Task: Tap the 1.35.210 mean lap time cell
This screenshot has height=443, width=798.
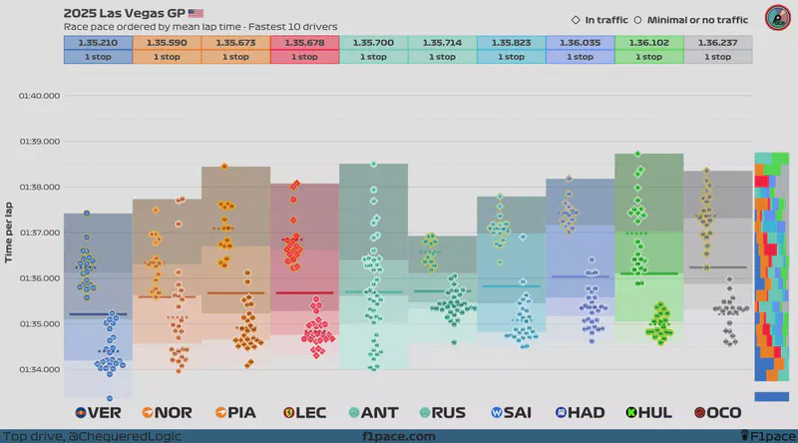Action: pyautogui.click(x=97, y=43)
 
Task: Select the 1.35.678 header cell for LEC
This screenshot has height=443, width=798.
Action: pyautogui.click(x=304, y=43)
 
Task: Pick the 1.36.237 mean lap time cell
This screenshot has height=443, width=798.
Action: pyautogui.click(x=718, y=43)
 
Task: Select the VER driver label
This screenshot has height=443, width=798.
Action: pyautogui.click(x=97, y=411)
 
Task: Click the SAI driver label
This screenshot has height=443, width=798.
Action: pyautogui.click(x=511, y=411)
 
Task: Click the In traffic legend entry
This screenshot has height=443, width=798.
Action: pyautogui.click(x=601, y=19)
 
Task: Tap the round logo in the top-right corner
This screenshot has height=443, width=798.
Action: pyautogui.click(x=776, y=18)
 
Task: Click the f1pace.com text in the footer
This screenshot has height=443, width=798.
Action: pyautogui.click(x=399, y=436)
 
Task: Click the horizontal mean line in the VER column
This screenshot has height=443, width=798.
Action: pyautogui.click(x=97, y=314)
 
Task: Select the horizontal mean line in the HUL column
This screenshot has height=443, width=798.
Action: pyautogui.click(x=649, y=273)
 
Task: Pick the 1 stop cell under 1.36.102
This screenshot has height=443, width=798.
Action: pyautogui.click(x=649, y=57)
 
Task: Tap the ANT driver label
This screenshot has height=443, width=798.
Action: pyautogui.click(x=373, y=411)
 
